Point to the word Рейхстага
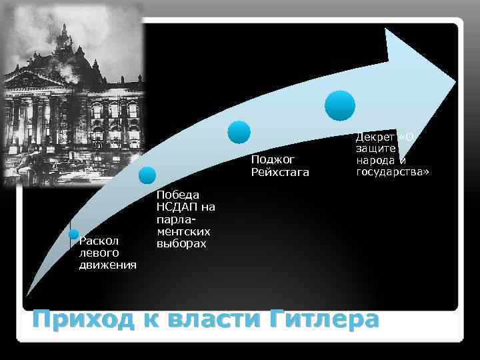281,173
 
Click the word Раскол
98,241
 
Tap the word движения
107,265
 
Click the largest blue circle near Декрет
340,106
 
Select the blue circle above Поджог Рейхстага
239,132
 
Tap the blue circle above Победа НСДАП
147,175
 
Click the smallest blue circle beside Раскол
74,235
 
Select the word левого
99,253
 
